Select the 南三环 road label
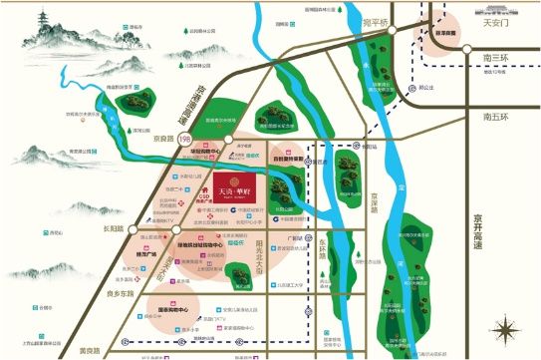[495, 59]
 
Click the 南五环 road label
[495, 118]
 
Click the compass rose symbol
[507, 329]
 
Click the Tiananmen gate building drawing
[452, 32]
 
